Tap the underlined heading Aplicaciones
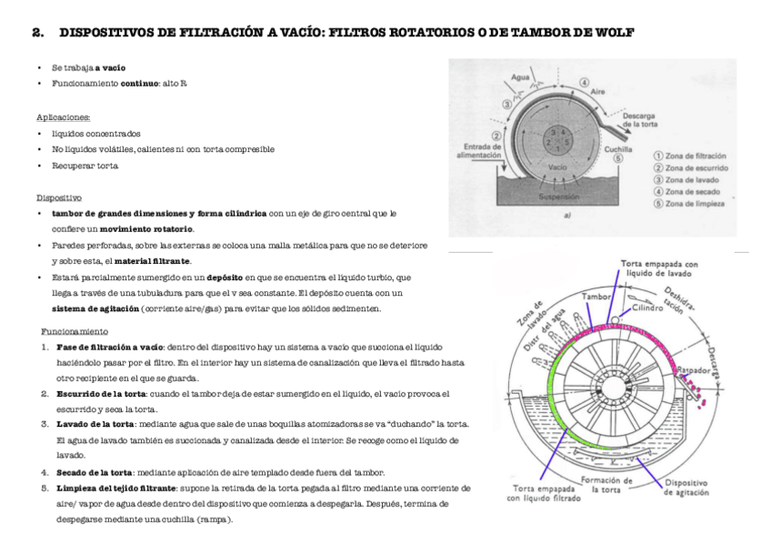(x=63, y=117)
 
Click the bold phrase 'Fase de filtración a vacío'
(x=110, y=347)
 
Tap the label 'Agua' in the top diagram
(x=522, y=77)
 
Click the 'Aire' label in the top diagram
(x=598, y=93)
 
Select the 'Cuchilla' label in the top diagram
(x=618, y=148)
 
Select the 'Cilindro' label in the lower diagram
(x=648, y=308)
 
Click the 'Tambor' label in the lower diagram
(x=596, y=298)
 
